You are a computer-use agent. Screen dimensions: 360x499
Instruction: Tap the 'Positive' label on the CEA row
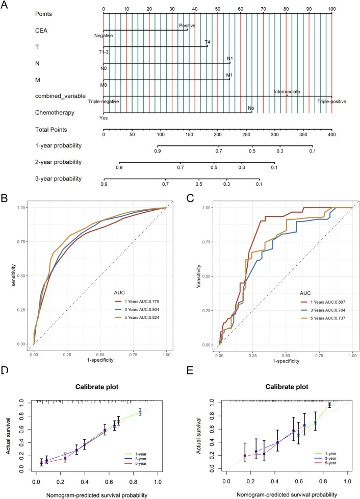(187, 26)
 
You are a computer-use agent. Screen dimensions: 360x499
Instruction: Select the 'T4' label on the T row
(208, 42)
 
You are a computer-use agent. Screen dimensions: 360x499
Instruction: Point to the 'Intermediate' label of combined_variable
(287, 92)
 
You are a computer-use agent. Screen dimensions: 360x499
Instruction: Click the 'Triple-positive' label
(331, 102)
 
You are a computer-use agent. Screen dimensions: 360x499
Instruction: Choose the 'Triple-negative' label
(104, 102)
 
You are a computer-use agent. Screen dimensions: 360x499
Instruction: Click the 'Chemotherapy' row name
(55, 113)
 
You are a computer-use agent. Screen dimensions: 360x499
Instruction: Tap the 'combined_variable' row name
(60, 96)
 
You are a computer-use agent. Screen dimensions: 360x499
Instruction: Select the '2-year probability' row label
(59, 162)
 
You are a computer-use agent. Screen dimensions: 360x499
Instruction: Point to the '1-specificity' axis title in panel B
(100, 360)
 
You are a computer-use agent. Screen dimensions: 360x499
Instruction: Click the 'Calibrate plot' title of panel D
(97, 387)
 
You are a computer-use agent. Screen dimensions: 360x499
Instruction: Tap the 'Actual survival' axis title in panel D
(8, 436)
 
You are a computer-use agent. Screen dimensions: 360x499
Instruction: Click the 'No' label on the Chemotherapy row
(251, 108)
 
